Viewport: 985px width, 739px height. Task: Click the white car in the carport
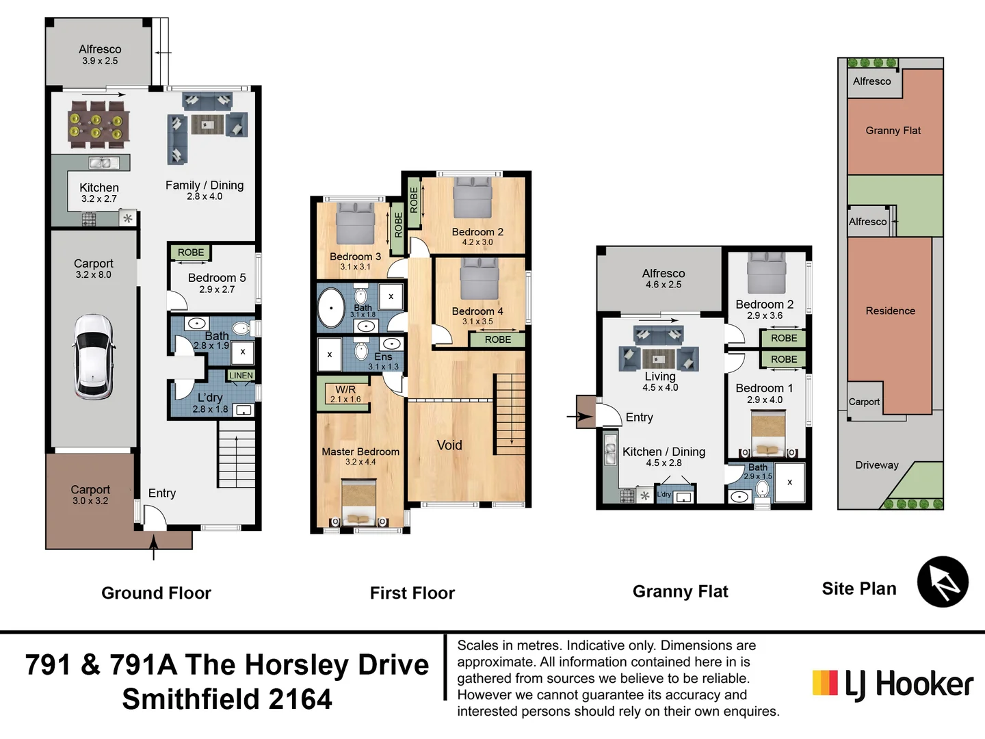pos(93,356)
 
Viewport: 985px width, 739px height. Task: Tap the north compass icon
pos(943,582)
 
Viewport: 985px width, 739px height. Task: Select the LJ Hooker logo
pos(892,684)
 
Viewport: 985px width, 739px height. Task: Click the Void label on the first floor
pos(449,445)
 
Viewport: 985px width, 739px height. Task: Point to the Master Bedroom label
pos(360,452)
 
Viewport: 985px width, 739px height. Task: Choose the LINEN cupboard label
pos(241,376)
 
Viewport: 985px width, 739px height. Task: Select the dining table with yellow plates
pos(99,125)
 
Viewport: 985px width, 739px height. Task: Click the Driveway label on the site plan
pos(876,465)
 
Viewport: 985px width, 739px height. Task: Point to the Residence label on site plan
pos(890,311)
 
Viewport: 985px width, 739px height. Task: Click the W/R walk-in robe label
pos(345,390)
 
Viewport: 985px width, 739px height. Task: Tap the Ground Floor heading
pos(156,593)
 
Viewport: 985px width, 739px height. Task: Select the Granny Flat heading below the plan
pos(680,592)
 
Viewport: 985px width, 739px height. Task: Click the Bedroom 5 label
pos(217,278)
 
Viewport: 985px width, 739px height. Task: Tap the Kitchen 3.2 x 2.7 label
pos(99,192)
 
